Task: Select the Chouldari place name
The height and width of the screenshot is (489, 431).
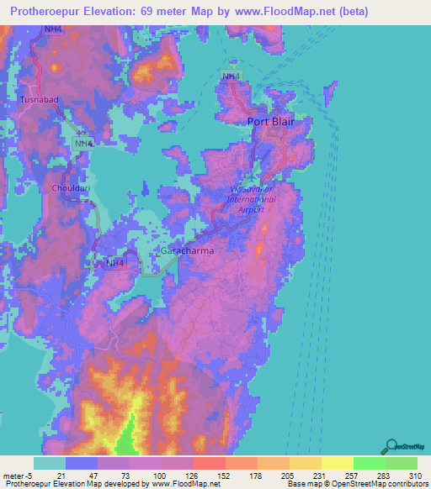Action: pos(69,188)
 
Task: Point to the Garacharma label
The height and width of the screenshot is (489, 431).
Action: pos(186,251)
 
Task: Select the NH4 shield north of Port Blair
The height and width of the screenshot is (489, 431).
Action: pos(230,77)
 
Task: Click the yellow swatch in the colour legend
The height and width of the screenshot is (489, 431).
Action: pos(337,463)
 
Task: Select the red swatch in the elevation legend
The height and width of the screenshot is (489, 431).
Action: pos(209,463)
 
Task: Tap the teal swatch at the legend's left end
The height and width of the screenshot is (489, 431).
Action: pos(50,463)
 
